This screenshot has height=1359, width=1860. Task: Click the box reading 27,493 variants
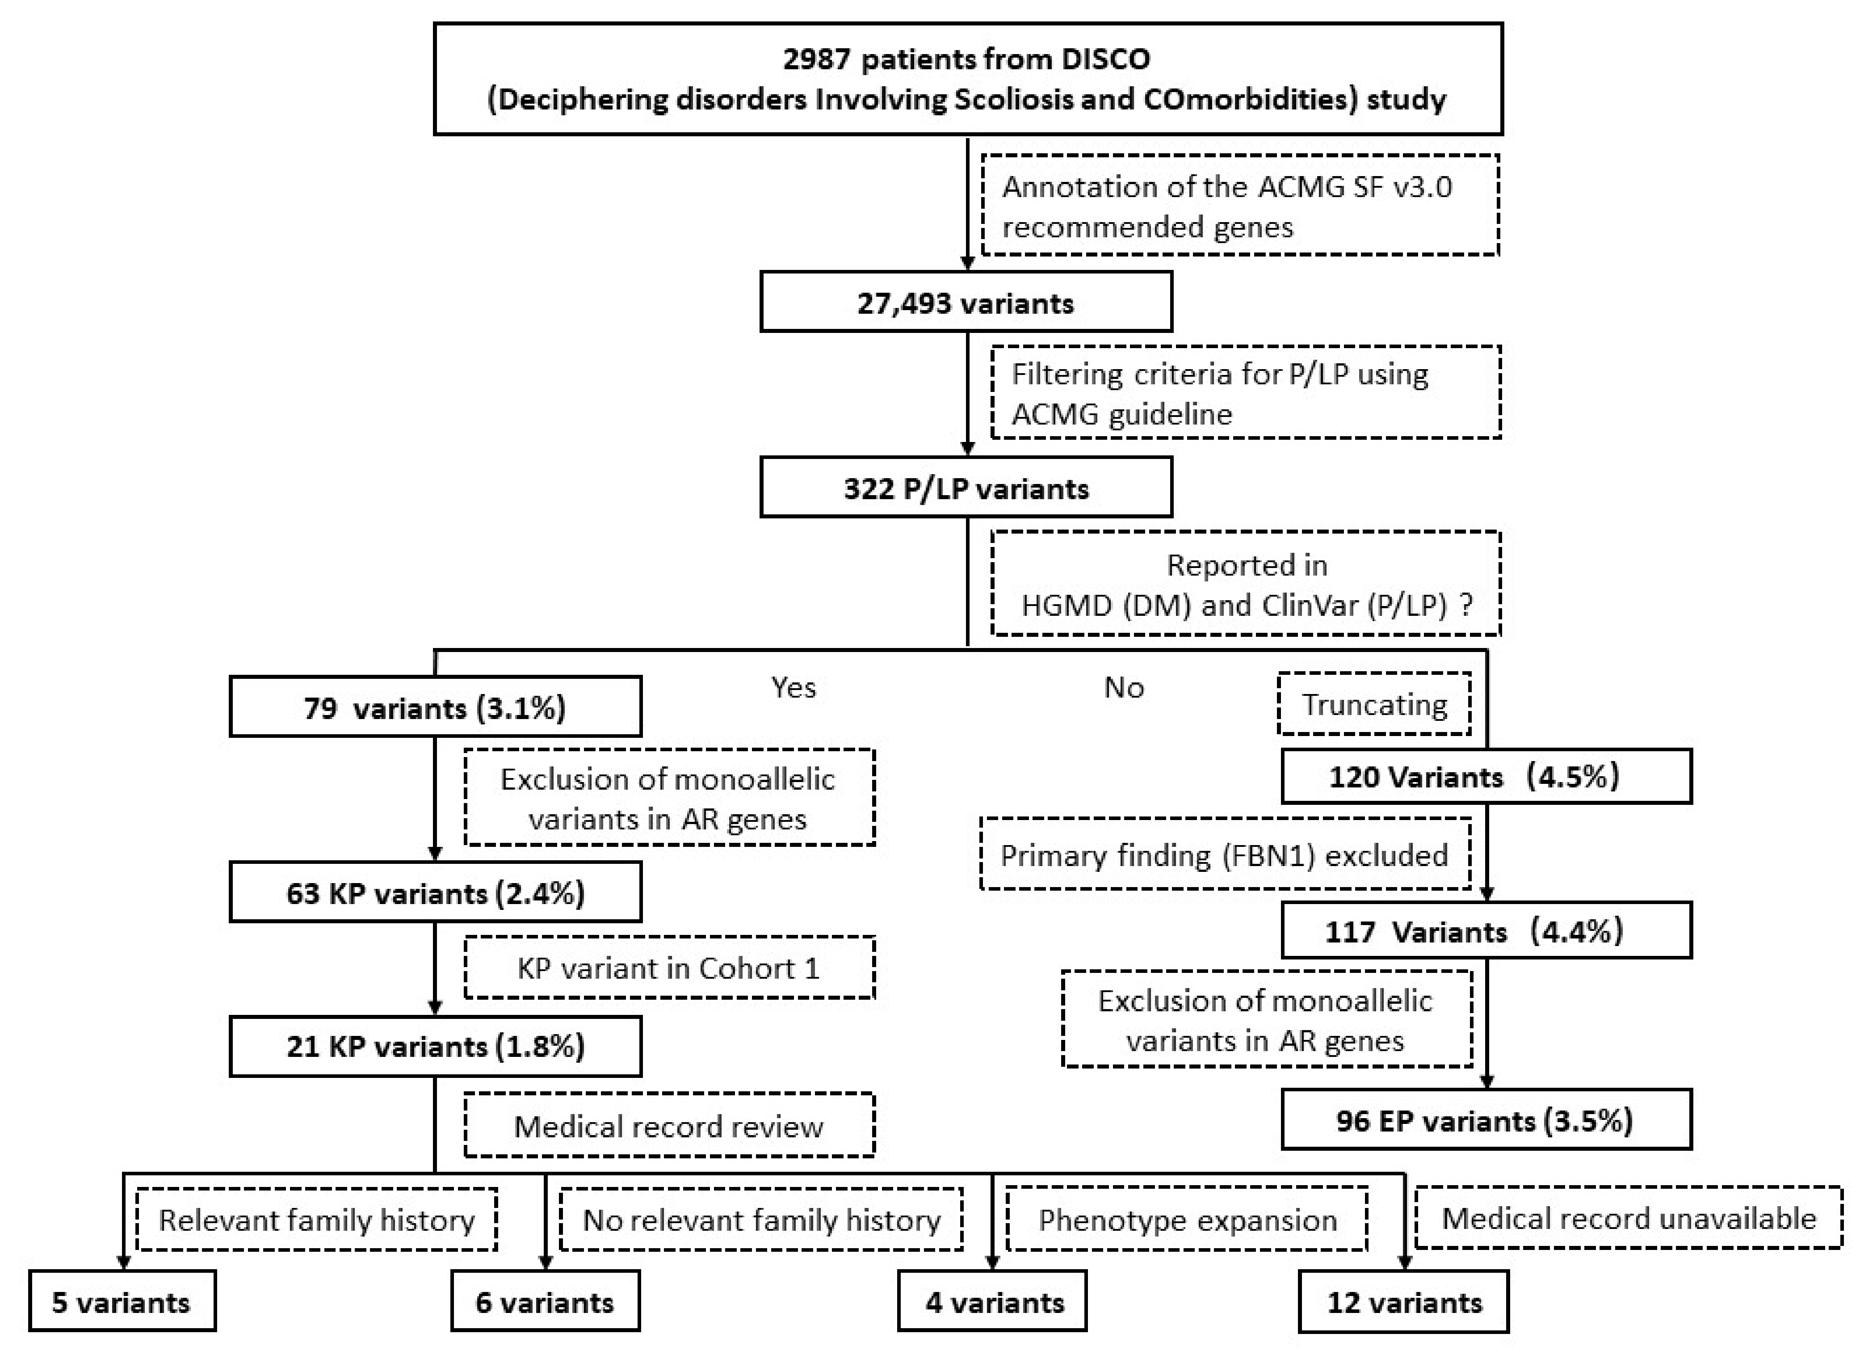tap(966, 303)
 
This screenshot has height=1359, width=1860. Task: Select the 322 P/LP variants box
tap(966, 488)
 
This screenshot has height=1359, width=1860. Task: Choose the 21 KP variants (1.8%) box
tap(435, 1046)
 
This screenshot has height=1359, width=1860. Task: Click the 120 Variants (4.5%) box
tap(1486, 776)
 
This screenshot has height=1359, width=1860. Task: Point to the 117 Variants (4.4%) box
tap(1486, 930)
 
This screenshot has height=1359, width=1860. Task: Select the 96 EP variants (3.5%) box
tap(1486, 1119)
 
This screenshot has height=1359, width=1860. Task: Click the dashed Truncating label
tap(1374, 704)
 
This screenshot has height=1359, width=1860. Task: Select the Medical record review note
tap(668, 1125)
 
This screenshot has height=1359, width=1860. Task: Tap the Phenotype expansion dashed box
tap(1187, 1219)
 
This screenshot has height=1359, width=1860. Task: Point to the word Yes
tap(793, 687)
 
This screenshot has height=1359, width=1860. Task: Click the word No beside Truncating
tap(1123, 687)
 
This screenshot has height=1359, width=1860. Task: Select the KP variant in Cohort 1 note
tap(668, 968)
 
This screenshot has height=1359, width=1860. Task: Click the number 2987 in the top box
tap(817, 59)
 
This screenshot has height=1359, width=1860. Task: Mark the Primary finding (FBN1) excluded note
tap(1224, 855)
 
